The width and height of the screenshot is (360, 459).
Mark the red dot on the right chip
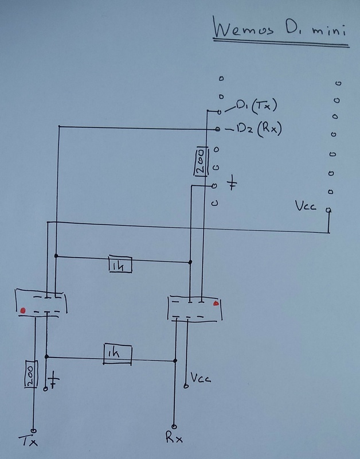(216, 304)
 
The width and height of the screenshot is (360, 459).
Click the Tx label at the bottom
(32, 442)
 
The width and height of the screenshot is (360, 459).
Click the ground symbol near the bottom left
(53, 380)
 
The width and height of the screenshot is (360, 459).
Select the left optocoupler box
(41, 304)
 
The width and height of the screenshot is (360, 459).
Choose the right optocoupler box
(193, 309)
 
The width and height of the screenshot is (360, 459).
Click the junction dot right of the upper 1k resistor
(190, 263)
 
